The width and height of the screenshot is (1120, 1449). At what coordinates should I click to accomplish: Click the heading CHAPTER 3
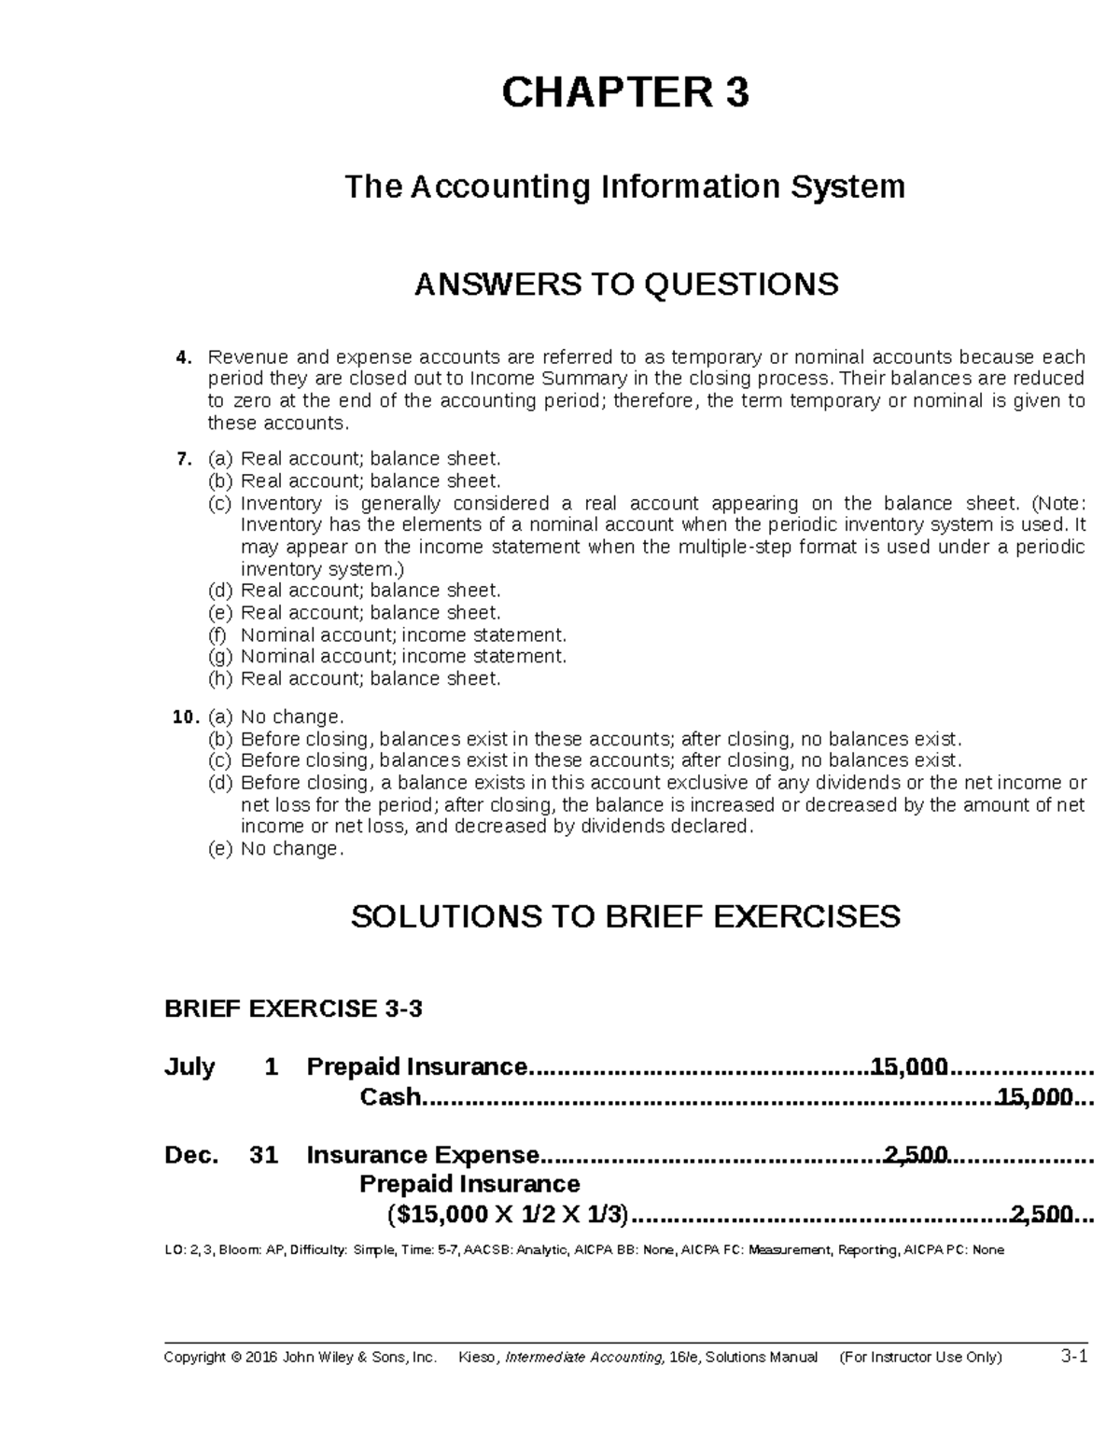coord(625,93)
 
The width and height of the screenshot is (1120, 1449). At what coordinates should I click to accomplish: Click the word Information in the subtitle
coord(691,187)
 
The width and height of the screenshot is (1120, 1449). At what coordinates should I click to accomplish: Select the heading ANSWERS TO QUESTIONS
coord(625,284)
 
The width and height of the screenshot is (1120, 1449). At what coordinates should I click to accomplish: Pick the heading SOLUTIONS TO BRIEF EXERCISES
coord(625,916)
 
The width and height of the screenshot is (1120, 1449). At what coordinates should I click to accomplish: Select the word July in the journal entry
coord(189,1066)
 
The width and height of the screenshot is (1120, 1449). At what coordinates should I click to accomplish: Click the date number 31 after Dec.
coord(264,1155)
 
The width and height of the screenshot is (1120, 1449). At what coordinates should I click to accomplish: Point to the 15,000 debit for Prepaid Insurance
coord(908,1066)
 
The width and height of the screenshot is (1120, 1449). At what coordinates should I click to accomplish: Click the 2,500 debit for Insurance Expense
coord(916,1155)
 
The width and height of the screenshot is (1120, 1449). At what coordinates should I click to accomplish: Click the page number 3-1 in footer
coord(1074,1357)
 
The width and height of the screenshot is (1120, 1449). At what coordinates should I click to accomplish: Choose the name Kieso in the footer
coord(479,1358)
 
